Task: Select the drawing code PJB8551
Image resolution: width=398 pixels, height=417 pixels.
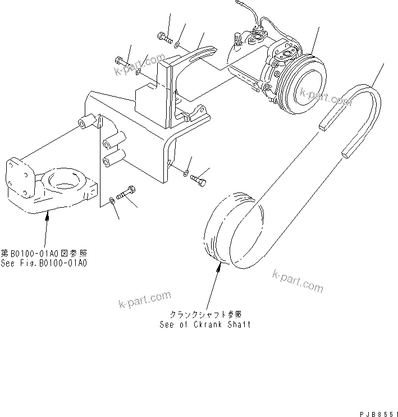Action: click(x=377, y=411)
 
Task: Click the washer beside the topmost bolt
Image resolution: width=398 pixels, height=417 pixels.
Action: click(x=177, y=43)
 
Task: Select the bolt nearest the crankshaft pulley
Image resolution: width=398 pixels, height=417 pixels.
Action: click(x=200, y=179)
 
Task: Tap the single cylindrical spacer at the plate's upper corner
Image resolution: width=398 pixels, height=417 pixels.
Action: click(x=85, y=121)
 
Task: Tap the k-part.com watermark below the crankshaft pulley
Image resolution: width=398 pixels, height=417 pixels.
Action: click(x=298, y=281)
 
